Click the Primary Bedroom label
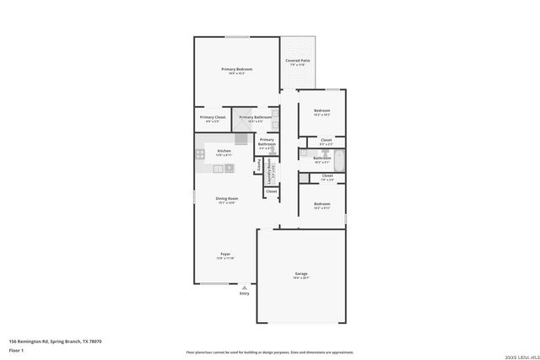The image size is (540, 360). click(237, 69)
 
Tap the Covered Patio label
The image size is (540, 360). click(297, 62)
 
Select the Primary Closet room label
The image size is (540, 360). click(212, 117)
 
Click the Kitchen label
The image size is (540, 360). click(224, 151)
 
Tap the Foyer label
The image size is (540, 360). click(226, 254)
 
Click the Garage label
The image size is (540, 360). click(301, 274)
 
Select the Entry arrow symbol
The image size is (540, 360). click(245, 287)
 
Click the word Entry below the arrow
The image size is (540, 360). click(245, 293)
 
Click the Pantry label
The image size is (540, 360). click(258, 167)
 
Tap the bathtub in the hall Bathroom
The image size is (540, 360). click(339, 159)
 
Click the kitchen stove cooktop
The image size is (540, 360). click(201, 154)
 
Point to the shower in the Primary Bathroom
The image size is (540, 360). click(242, 137)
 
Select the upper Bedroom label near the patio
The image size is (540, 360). click(321, 111)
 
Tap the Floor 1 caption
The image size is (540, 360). click(16, 350)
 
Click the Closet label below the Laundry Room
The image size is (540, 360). click(271, 191)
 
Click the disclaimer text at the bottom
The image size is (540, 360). click(269, 352)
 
